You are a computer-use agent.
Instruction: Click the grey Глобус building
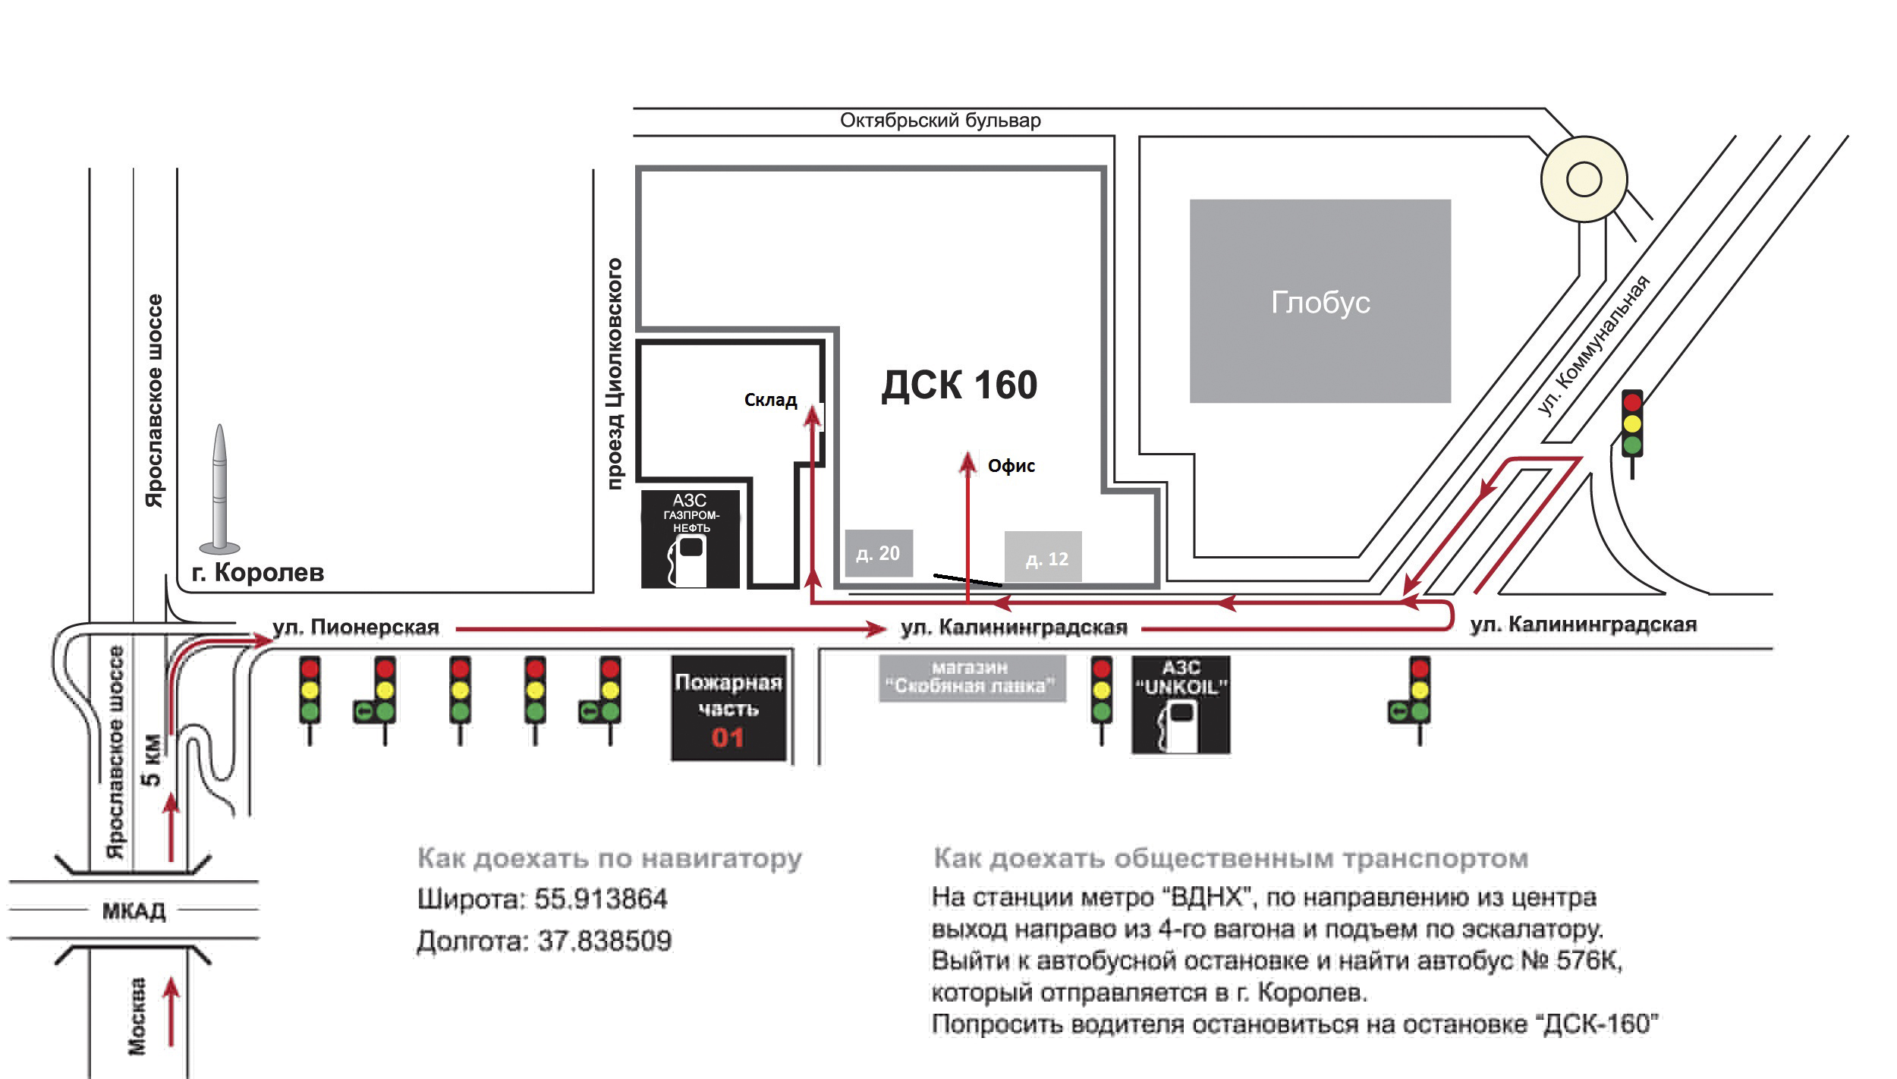[x=1320, y=301]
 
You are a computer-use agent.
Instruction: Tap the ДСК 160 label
[x=959, y=385]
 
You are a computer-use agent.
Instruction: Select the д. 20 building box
[x=879, y=553]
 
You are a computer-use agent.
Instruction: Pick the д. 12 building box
[x=1043, y=558]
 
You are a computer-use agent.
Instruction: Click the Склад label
[x=770, y=400]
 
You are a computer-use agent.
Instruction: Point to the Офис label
[x=1011, y=466]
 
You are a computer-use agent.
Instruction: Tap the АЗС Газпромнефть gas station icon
[x=690, y=539]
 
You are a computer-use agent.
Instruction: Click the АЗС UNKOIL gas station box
[x=1181, y=705]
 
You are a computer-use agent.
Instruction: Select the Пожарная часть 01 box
[x=728, y=708]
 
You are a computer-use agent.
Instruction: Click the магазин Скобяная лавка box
[x=971, y=678]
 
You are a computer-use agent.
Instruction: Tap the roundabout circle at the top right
[x=1584, y=180]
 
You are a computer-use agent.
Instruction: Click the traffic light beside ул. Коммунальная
[x=1631, y=425]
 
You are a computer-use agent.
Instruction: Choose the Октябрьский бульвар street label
[x=940, y=121]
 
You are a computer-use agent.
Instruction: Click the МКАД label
[x=134, y=909]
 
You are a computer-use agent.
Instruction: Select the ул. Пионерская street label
[x=356, y=628]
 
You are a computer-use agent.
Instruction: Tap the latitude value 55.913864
[x=600, y=899]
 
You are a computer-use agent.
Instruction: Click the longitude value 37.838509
[x=605, y=941]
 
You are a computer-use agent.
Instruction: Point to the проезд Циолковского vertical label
[x=615, y=373]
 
